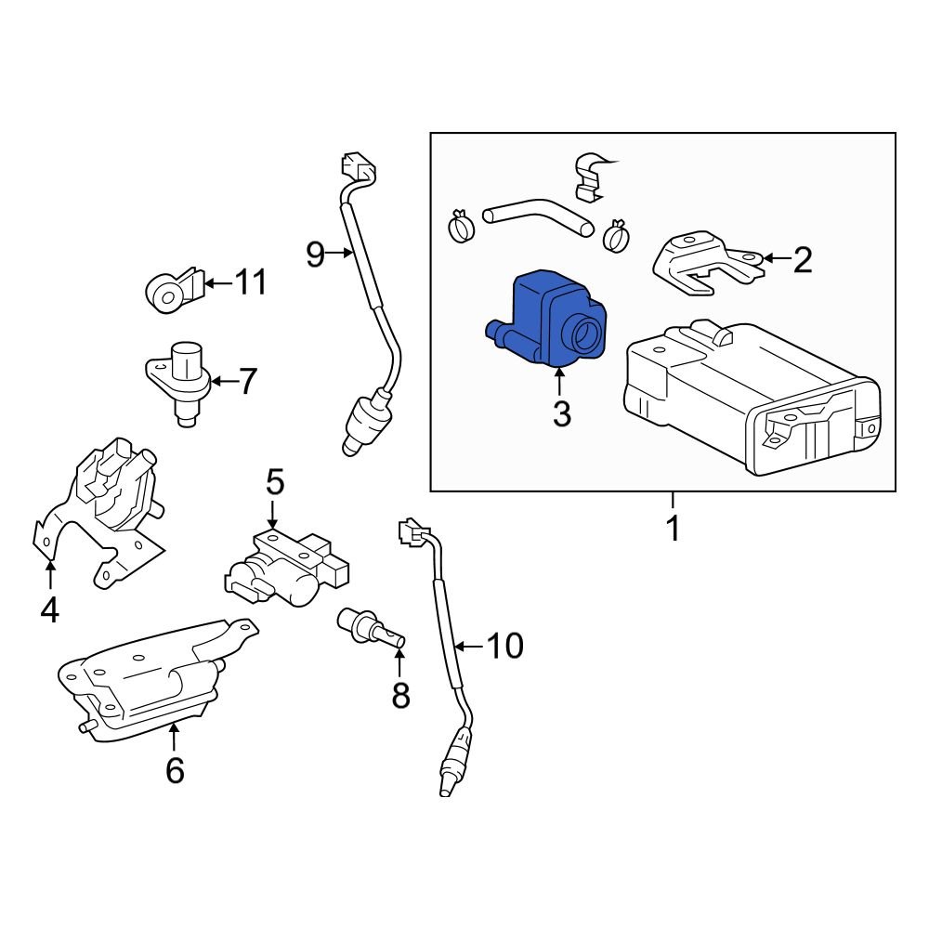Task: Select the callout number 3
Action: (561, 413)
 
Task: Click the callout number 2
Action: (802, 261)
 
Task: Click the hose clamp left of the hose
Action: (460, 224)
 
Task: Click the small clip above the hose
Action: (591, 177)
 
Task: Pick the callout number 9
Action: (316, 254)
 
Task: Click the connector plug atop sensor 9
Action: (359, 168)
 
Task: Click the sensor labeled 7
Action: (182, 381)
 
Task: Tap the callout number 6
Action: (175, 770)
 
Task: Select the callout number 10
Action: (506, 646)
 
